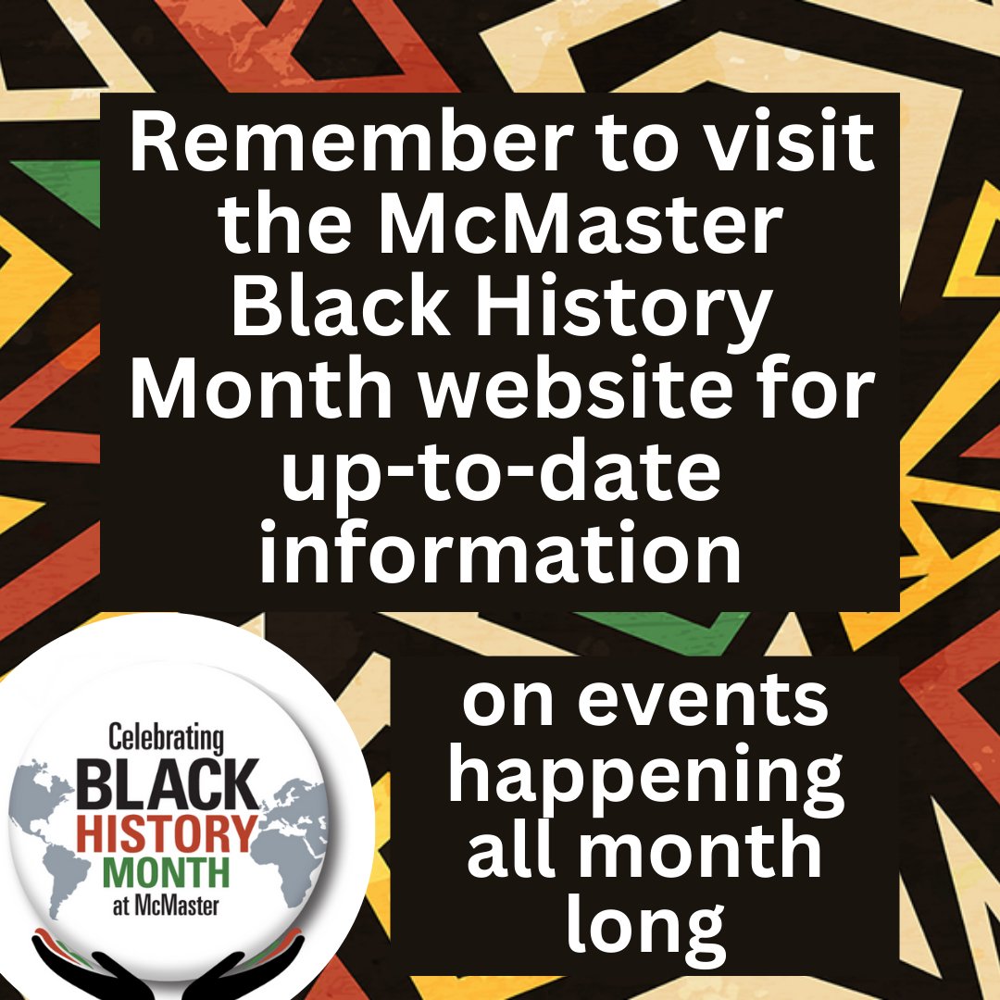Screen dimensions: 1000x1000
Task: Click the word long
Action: tap(645, 926)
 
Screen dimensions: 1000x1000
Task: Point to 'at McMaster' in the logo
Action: tap(166, 906)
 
